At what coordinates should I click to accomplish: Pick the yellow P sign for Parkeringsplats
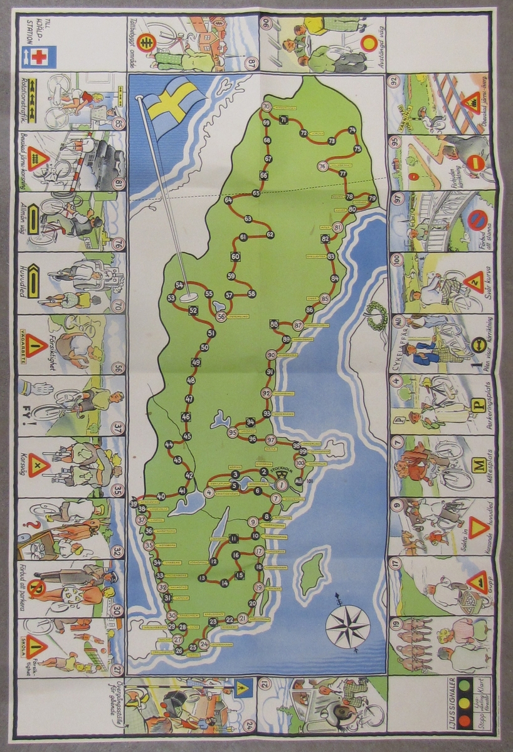pos(477,405)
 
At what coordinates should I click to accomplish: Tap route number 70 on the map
pos(267,107)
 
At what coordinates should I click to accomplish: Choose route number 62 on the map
pos(270,234)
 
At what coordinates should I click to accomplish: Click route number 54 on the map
pos(180,285)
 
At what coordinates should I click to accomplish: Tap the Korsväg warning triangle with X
pos(38,465)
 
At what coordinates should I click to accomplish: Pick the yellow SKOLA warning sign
pos(36,645)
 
